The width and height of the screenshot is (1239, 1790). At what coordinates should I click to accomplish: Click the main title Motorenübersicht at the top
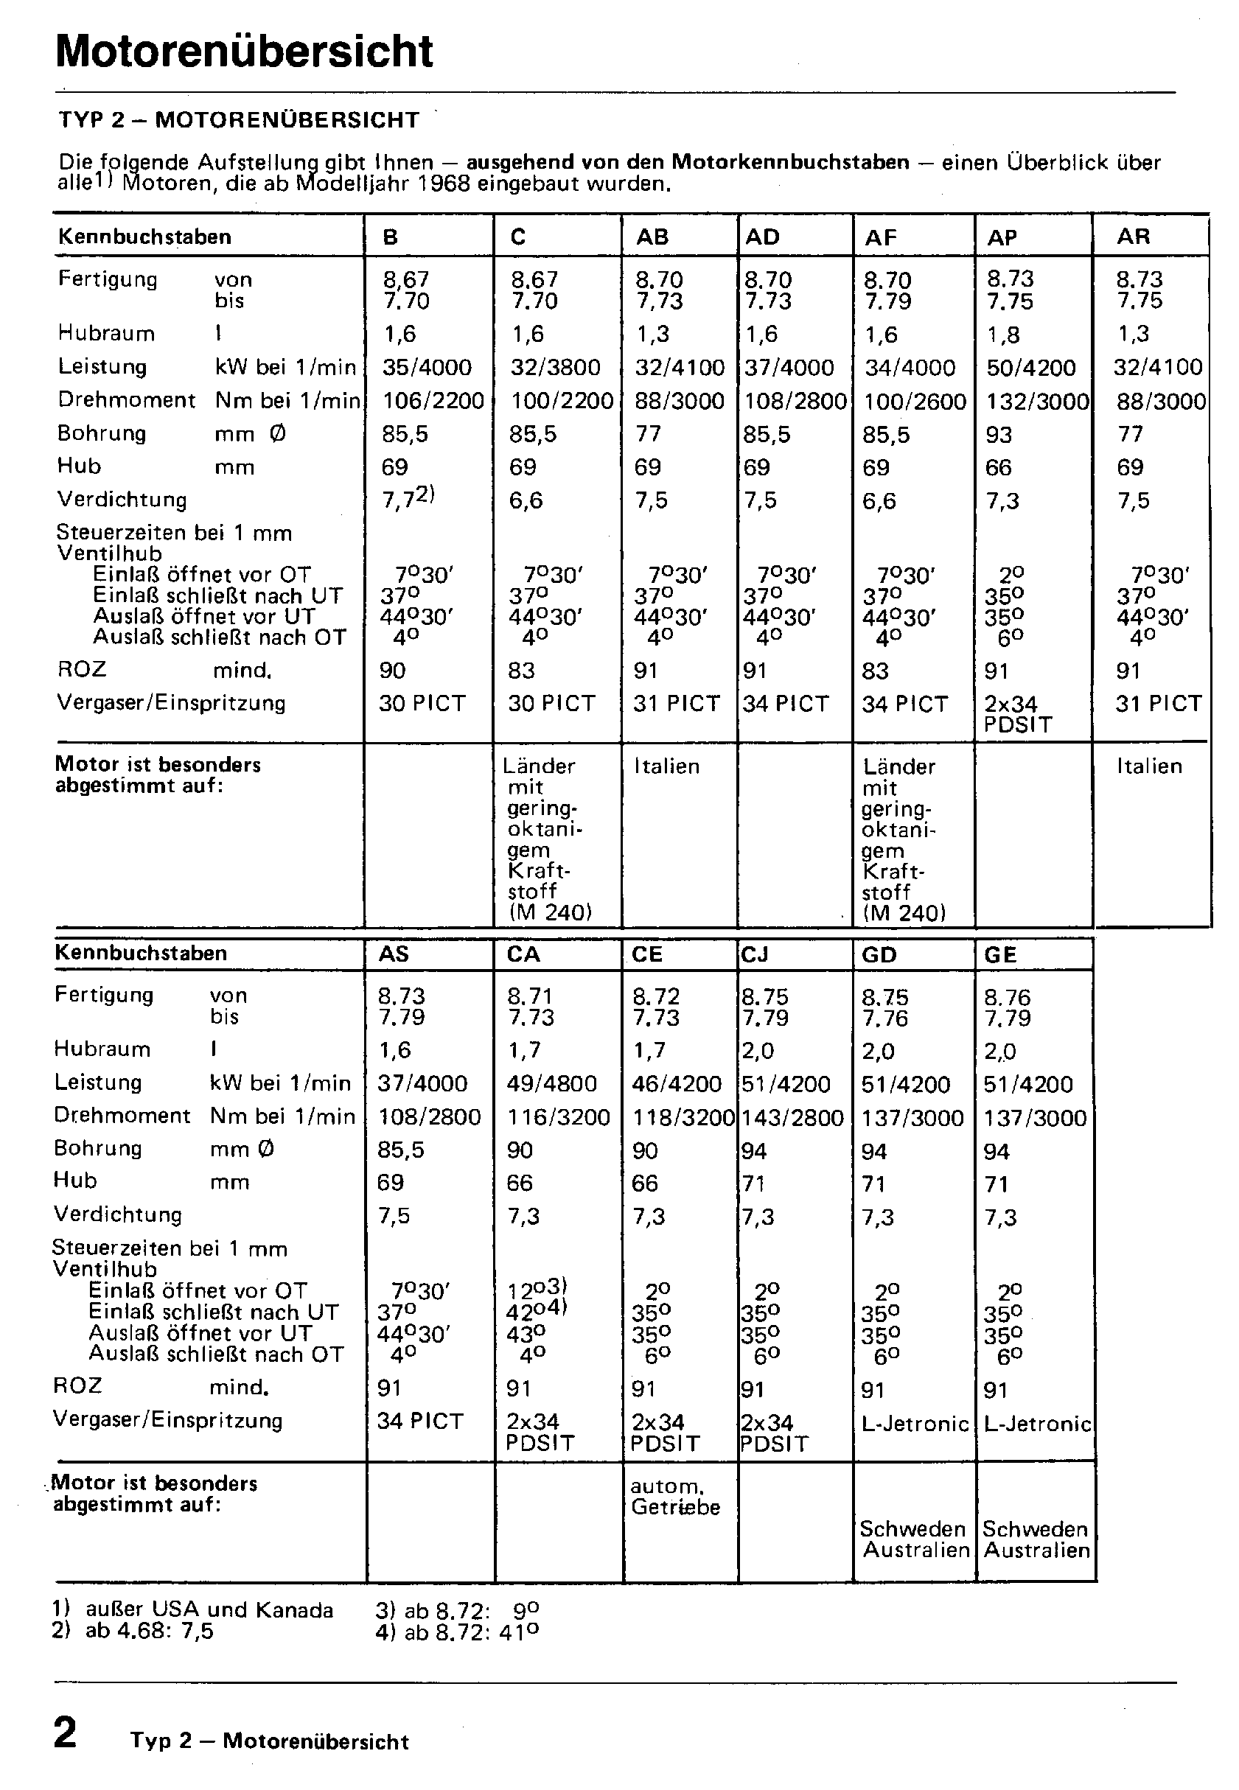pos(244,52)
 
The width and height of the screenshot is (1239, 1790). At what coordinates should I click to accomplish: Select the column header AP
pos(1002,237)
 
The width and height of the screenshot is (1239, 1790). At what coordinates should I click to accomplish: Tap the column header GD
pos(879,955)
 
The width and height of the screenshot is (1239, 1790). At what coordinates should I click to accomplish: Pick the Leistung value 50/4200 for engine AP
pos(1031,367)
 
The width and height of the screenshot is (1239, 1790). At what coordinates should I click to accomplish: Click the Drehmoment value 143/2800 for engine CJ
pos(792,1118)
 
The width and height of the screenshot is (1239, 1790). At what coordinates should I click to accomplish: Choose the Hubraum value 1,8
pos(1003,335)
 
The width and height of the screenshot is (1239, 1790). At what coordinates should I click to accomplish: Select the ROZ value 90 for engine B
pos(393,670)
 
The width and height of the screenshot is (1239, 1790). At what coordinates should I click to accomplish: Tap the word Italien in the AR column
pos(1149,766)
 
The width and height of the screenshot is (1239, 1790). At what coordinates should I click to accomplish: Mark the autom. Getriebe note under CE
pos(674,1497)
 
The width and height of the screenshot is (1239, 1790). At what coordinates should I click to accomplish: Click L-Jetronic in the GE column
pos(1038,1424)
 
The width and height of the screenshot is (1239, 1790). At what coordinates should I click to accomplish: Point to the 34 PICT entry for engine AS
pos(420,1422)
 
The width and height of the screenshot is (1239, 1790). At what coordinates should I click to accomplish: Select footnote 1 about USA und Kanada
pos(194,1610)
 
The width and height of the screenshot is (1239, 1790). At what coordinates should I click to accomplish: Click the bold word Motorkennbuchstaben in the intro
pos(789,162)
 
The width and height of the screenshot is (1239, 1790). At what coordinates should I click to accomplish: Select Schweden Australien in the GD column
pos(915,1540)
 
